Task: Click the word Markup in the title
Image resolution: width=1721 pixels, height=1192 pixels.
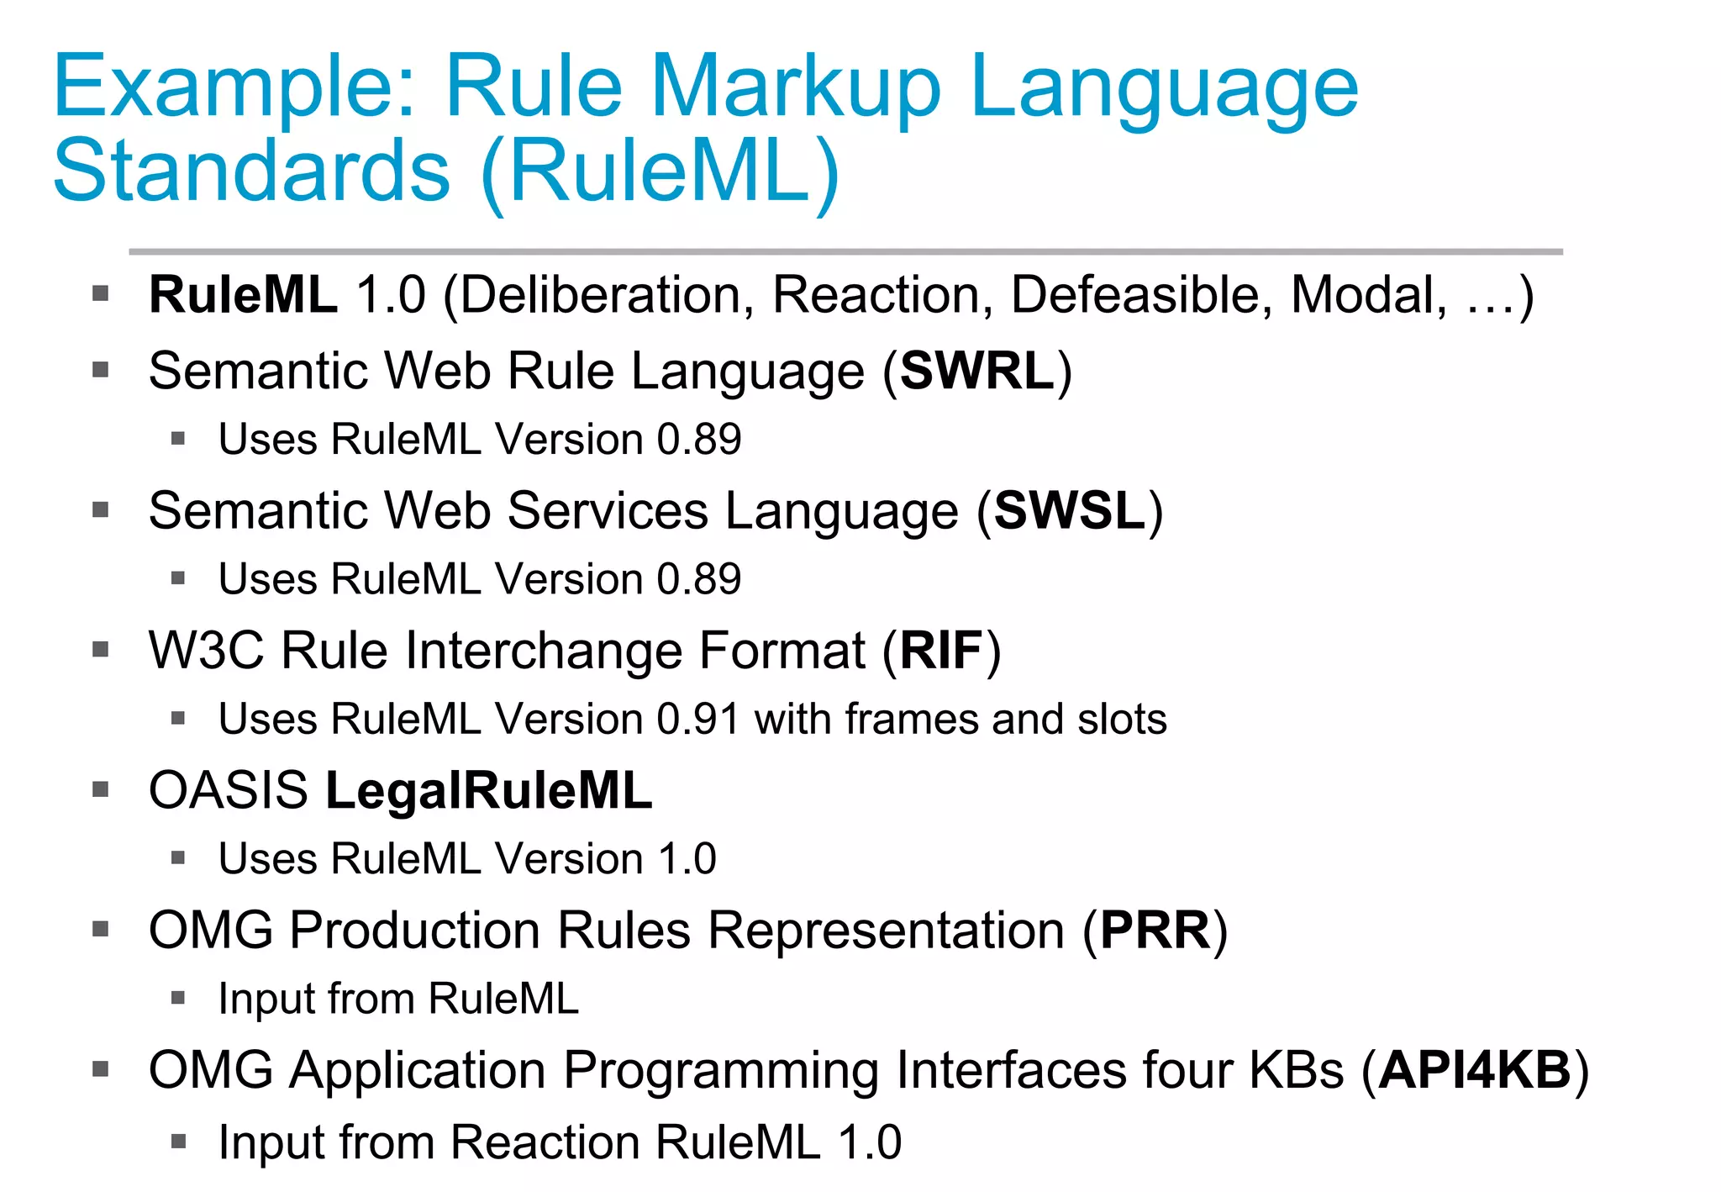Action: (794, 88)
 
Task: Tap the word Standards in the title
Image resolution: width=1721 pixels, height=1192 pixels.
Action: (251, 172)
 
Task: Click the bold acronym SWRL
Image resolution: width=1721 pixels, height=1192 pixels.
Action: (976, 371)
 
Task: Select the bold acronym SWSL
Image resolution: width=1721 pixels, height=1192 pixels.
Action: (1070, 510)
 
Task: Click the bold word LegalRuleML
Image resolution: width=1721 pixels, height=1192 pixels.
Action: (488, 791)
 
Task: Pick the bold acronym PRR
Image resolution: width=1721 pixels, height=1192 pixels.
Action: (1155, 931)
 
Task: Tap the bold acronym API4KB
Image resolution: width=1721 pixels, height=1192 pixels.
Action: (1475, 1070)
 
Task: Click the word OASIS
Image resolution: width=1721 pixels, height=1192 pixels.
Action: (229, 791)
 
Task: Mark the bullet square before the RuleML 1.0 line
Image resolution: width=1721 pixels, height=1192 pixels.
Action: (102, 294)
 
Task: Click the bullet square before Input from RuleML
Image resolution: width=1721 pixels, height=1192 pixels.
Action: (177, 998)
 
